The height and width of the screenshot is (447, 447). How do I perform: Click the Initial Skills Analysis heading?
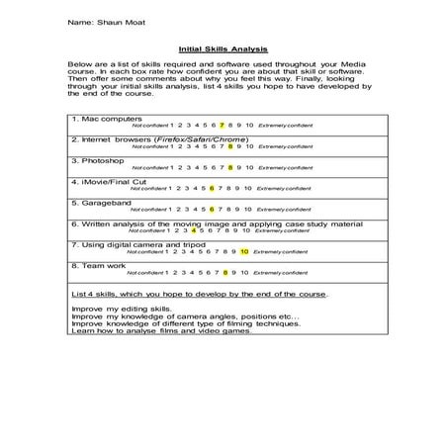coord(223,47)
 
